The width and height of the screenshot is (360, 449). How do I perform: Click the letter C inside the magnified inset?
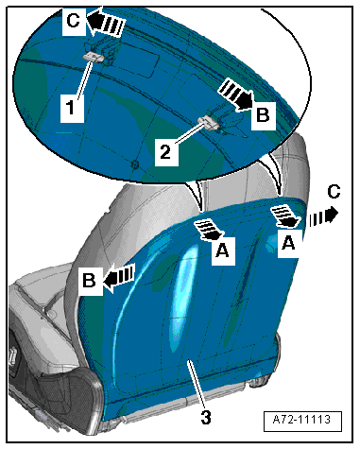tap(74, 21)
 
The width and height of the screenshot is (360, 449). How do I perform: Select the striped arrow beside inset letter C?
tap(106, 22)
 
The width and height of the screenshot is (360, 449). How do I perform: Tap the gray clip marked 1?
tap(94, 57)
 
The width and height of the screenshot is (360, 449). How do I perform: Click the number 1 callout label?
tap(72, 108)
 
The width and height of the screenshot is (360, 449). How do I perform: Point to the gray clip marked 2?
tap(208, 122)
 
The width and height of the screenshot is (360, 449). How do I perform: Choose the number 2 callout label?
tap(165, 152)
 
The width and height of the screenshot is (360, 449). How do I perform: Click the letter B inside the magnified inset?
tap(263, 115)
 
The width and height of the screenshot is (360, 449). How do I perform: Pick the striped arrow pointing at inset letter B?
tap(235, 94)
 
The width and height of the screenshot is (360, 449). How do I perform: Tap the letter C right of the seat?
tap(334, 192)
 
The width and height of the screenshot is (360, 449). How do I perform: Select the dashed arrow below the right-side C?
tap(323, 216)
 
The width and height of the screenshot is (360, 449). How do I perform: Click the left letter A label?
tap(222, 251)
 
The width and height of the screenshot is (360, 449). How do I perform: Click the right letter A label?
tap(289, 242)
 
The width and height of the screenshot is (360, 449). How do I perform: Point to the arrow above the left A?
tap(209, 229)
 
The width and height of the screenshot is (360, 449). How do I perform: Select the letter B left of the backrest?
tap(89, 280)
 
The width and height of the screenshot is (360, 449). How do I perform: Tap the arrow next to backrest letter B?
tap(119, 276)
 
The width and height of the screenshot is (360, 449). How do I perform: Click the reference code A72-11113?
tap(301, 420)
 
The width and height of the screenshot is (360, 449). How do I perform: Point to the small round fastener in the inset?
tap(134, 164)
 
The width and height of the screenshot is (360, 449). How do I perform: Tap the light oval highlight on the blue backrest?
tap(182, 300)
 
